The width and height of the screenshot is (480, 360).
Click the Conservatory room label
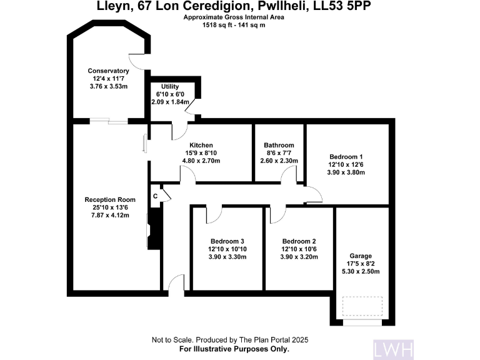pyautogui.click(x=108, y=71)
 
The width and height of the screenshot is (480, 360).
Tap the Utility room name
pyautogui.click(x=170, y=86)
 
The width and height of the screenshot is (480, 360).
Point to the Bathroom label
pyautogui.click(x=279, y=145)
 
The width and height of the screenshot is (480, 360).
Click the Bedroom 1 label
pyautogui.click(x=346, y=157)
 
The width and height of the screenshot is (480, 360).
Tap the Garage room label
pyautogui.click(x=361, y=256)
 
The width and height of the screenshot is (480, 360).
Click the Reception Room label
pyautogui.click(x=110, y=200)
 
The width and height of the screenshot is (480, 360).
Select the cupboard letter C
pyautogui.click(x=155, y=196)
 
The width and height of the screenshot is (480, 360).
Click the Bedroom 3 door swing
pyautogui.click(x=214, y=214)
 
